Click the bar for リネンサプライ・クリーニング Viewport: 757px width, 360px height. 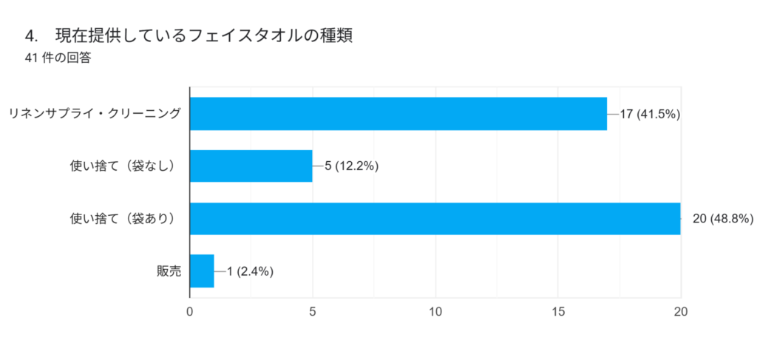tap(398, 114)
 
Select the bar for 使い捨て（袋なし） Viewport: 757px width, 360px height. tap(251, 166)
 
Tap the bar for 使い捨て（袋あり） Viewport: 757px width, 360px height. tap(435, 218)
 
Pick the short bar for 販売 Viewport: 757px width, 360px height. tap(202, 271)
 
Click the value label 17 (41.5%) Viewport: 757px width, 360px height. tap(650, 115)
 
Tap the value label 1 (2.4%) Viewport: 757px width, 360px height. tap(251, 271)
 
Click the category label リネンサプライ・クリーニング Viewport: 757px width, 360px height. tap(94, 115)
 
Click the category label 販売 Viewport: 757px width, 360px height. tap(169, 271)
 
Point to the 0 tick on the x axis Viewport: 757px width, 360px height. tap(190, 312)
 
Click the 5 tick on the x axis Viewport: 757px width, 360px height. tap(313, 312)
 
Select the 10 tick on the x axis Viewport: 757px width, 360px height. tap(435, 312)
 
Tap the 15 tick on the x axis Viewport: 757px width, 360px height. tap(558, 312)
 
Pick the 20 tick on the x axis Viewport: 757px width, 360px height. tap(681, 312)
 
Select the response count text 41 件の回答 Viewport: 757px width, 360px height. tap(58, 58)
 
